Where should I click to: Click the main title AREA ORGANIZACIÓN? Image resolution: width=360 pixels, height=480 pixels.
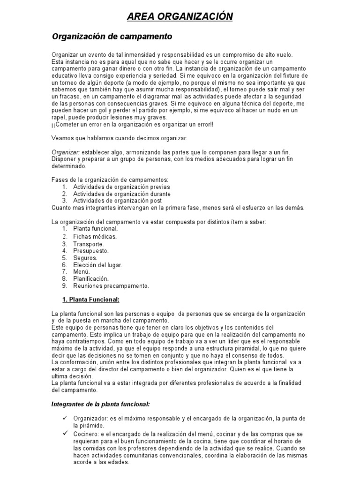[x=180, y=17]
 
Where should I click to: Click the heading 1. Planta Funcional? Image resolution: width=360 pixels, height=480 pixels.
[x=91, y=299]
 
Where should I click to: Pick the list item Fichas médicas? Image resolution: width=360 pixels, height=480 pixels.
[x=95, y=236]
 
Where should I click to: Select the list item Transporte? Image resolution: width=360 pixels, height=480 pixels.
[x=89, y=244]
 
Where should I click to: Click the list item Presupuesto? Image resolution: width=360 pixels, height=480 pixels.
[x=91, y=251]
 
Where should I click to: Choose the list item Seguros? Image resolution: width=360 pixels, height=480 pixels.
[x=85, y=258]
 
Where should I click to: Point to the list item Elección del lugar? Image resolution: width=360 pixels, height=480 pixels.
[x=97, y=265]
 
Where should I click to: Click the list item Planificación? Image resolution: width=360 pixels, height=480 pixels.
[x=90, y=278]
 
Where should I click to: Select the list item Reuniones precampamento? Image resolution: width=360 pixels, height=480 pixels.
[x=111, y=285]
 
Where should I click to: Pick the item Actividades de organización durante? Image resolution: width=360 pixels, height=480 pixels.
[x=121, y=194]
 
